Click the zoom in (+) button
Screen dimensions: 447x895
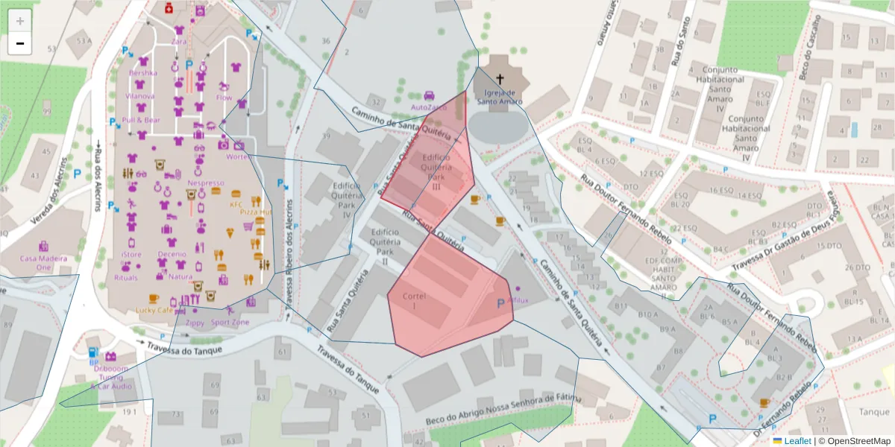[20, 20]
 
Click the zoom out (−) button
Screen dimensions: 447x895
[20, 43]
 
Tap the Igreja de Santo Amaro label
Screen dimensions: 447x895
[500, 98]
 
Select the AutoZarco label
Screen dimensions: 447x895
[429, 107]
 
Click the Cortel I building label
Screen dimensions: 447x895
[413, 301]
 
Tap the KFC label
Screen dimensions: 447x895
[236, 204]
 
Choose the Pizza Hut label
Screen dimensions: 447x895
[254, 212]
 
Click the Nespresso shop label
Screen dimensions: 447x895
[206, 183]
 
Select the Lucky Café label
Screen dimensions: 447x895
[154, 310]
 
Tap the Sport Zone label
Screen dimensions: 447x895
[230, 323]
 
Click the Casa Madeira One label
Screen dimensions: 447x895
[43, 263]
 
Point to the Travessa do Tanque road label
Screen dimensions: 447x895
[177, 346]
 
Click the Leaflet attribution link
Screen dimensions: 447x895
[797, 441]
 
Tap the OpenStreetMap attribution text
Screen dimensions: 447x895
[857, 441]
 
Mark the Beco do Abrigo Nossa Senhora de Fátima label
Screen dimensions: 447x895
[503, 410]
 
